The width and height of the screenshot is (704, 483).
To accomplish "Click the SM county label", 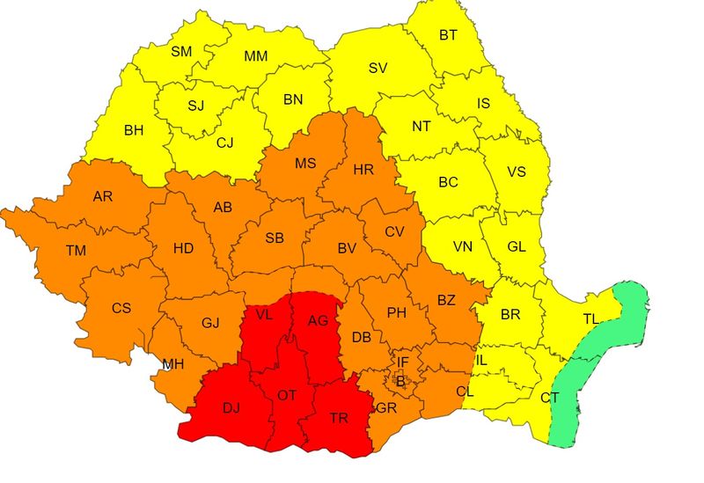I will (181, 52).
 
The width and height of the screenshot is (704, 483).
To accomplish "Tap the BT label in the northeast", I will (448, 35).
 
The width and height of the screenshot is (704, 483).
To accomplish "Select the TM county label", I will (76, 251).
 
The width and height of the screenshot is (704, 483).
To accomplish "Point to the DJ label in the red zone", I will (231, 407).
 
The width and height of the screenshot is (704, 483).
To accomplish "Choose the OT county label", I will (287, 396).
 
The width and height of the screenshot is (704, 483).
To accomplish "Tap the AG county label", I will (318, 320).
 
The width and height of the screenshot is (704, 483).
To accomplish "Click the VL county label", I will (264, 314).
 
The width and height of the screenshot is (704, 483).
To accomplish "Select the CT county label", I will (549, 398).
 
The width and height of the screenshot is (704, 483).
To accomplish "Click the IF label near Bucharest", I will (402, 362).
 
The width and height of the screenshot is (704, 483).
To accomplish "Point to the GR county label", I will (385, 409).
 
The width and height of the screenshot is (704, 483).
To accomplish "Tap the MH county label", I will (173, 364).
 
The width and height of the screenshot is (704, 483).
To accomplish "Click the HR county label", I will (363, 169).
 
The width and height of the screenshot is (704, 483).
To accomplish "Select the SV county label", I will (378, 68).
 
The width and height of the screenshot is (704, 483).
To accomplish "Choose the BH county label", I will (134, 130).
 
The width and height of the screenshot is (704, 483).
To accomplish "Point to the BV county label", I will (347, 249).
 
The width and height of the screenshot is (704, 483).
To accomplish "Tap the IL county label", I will (480, 360).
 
